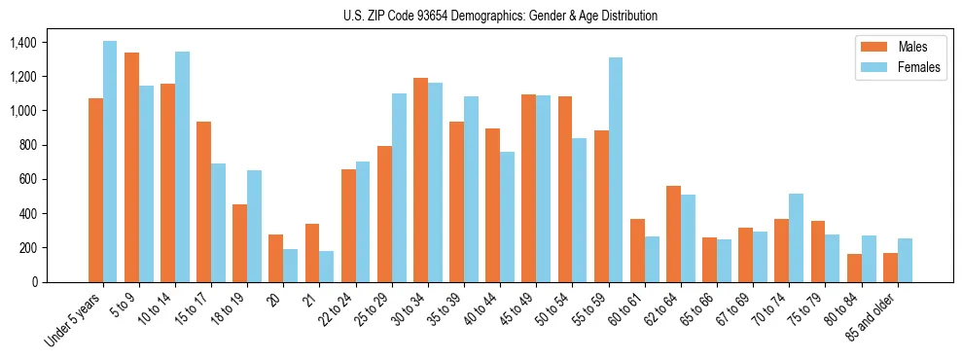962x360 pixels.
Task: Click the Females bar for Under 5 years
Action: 110,162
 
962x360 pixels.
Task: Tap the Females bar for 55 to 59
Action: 616,169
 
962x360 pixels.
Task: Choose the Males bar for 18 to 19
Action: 239,243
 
